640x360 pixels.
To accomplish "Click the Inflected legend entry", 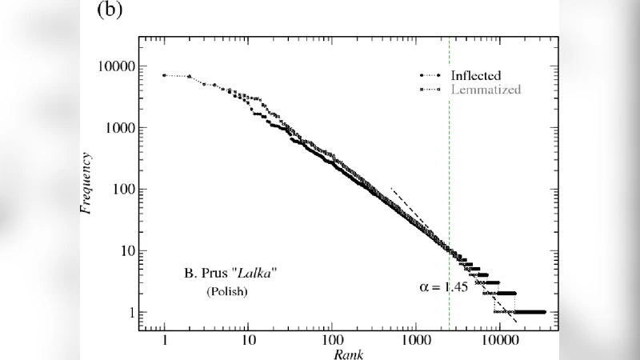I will [475, 75].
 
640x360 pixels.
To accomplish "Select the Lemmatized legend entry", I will [485, 90].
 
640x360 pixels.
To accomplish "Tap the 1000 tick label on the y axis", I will [125, 128].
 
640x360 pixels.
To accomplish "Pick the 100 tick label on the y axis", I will [128, 190].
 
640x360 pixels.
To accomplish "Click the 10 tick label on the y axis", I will [131, 251].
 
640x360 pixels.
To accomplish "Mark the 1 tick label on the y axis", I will [134, 313].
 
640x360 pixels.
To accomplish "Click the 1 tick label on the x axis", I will [164, 340].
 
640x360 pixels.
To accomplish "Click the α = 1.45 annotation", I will [445, 286].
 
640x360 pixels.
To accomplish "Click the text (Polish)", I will [227, 292].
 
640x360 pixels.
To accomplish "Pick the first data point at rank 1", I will [164, 75].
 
